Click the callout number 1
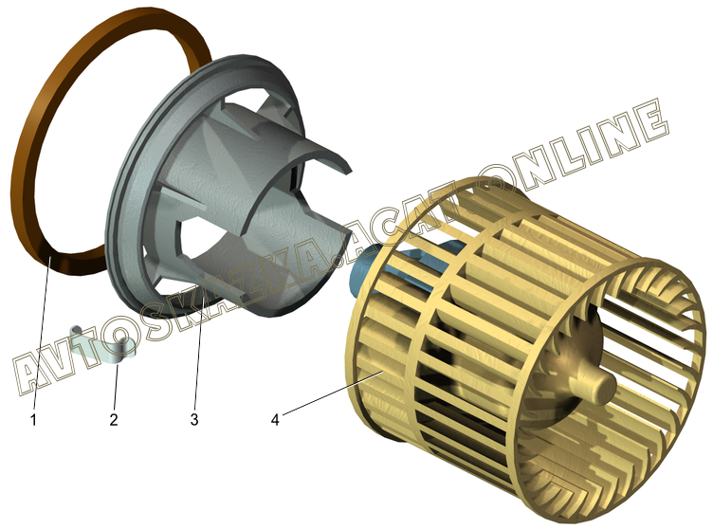click(x=33, y=420)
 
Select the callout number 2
click(x=114, y=419)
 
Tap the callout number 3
click(x=194, y=419)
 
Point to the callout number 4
click(x=275, y=419)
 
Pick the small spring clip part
click(x=103, y=345)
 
